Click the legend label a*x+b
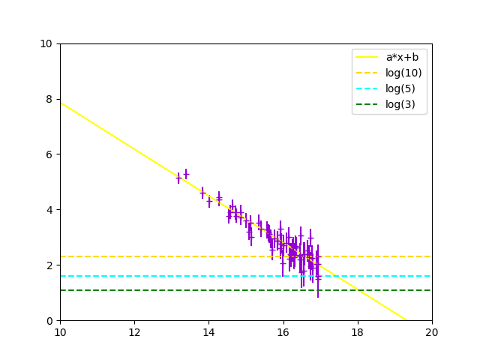click(402, 57)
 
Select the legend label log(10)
click(403, 73)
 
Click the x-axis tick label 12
click(134, 331)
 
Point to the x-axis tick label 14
click(208, 331)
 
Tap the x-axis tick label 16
click(283, 331)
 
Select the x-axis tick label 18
click(358, 331)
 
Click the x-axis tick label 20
click(432, 331)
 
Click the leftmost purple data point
click(178, 178)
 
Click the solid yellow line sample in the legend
click(367, 57)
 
